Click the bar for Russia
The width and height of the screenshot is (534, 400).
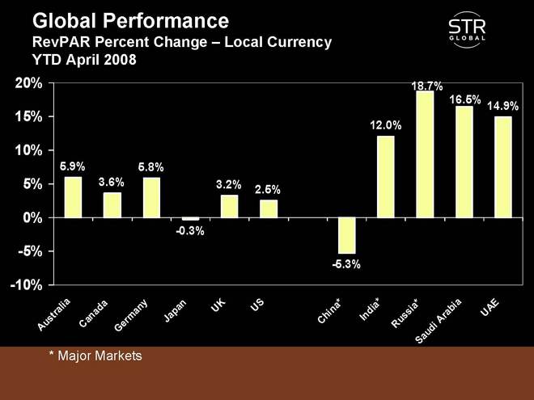coord(425,154)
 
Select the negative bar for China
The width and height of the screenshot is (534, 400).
coord(346,235)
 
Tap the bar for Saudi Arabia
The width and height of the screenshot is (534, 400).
coord(464,162)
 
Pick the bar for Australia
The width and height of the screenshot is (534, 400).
coord(73,197)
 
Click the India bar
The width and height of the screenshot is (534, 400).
coord(386,177)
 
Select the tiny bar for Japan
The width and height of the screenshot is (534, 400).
coord(190,219)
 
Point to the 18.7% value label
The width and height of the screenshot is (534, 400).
coord(426,86)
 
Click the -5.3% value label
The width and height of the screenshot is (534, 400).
coord(346,263)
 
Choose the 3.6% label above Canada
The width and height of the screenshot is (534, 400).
coord(111,183)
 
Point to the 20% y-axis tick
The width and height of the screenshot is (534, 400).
coord(27,83)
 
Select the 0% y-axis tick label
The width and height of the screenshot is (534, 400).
coord(30,218)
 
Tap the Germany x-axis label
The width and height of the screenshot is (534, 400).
coord(131,316)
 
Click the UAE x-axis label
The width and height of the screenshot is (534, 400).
coord(490,307)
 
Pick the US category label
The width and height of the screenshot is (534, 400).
coord(257,305)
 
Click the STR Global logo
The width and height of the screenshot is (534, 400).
coord(467,32)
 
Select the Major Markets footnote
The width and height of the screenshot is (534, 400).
coord(95,355)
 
